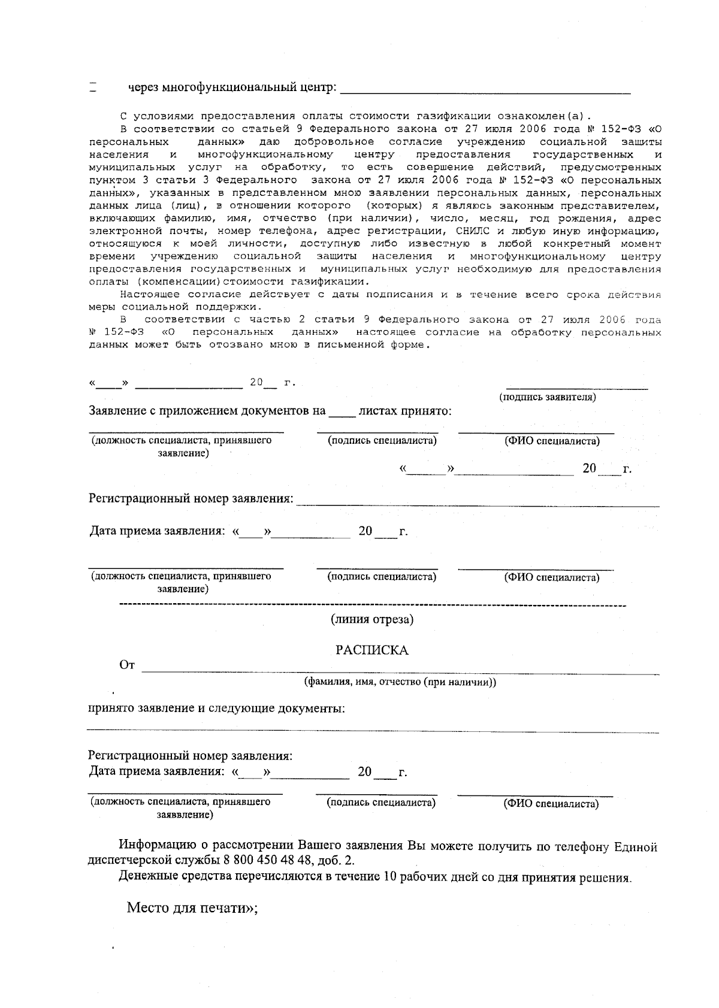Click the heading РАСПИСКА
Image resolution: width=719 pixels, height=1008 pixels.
point(371,650)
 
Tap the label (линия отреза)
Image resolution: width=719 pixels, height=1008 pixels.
point(372,619)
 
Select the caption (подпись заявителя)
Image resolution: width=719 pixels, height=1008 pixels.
point(548,397)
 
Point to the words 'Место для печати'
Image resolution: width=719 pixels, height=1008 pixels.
point(189,907)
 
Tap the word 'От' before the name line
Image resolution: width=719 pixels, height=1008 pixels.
point(127,665)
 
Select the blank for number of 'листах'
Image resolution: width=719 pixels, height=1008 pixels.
point(342,414)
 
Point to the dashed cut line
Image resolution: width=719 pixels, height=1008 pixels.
point(372,606)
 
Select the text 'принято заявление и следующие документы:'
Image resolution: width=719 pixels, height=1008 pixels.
point(217,709)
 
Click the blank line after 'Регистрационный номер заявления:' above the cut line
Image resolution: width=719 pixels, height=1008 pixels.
point(478,505)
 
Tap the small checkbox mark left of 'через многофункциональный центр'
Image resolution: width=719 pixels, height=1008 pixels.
point(93,87)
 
